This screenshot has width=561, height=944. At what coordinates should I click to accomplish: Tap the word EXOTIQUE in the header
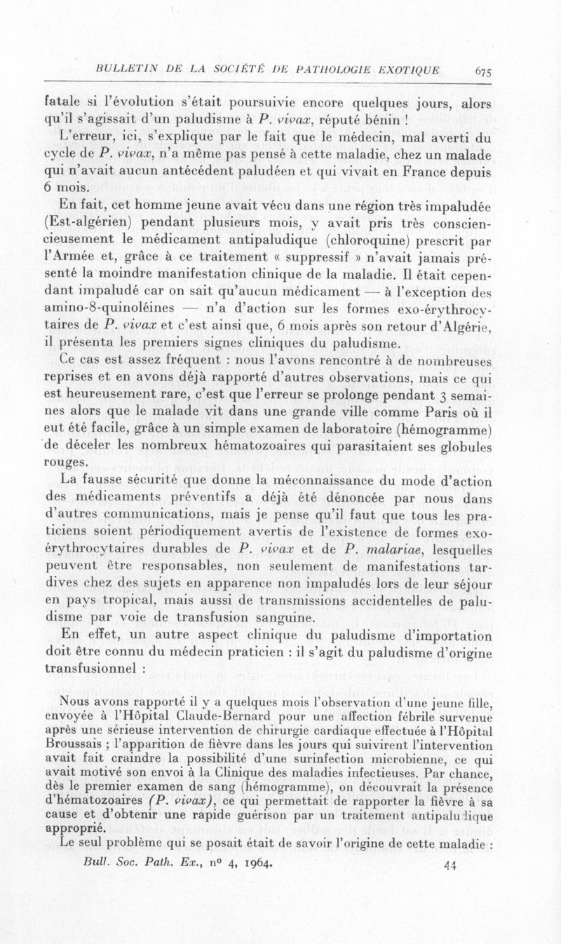(x=403, y=69)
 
